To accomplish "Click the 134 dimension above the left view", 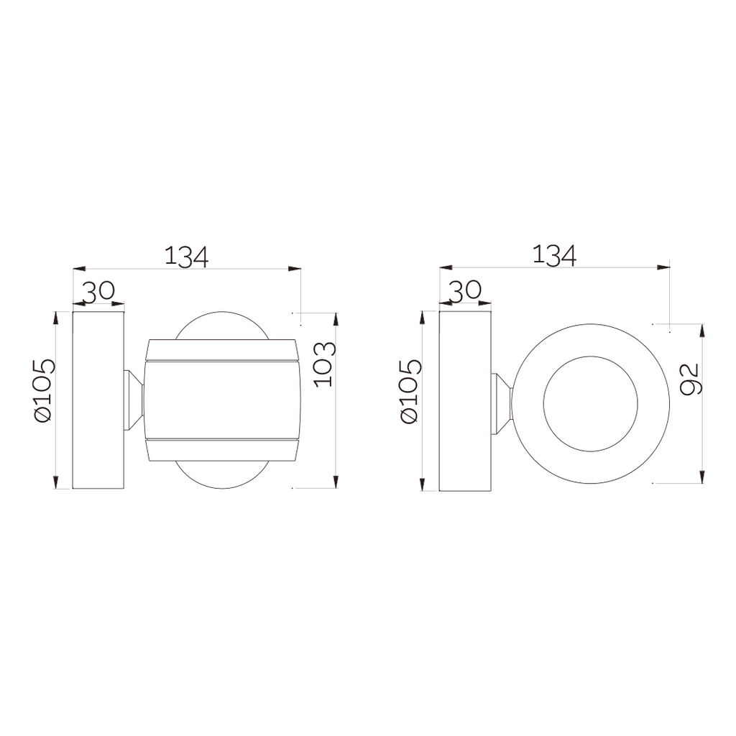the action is (186, 257).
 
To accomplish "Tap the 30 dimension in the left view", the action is (98, 291).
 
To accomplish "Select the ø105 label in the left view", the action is (45, 390).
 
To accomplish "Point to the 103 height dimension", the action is (326, 364).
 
